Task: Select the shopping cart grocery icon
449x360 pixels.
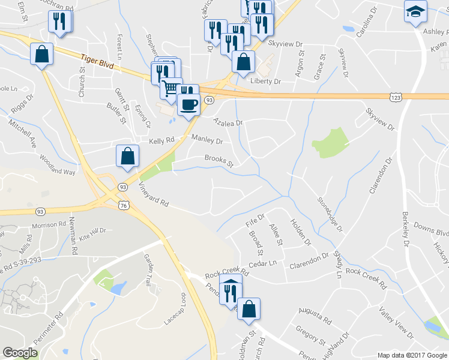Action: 172,88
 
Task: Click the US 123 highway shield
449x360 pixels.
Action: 395,97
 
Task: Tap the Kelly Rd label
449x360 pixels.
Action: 161,140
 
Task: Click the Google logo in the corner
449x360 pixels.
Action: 20,353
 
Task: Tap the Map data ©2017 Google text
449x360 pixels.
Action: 412,355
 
